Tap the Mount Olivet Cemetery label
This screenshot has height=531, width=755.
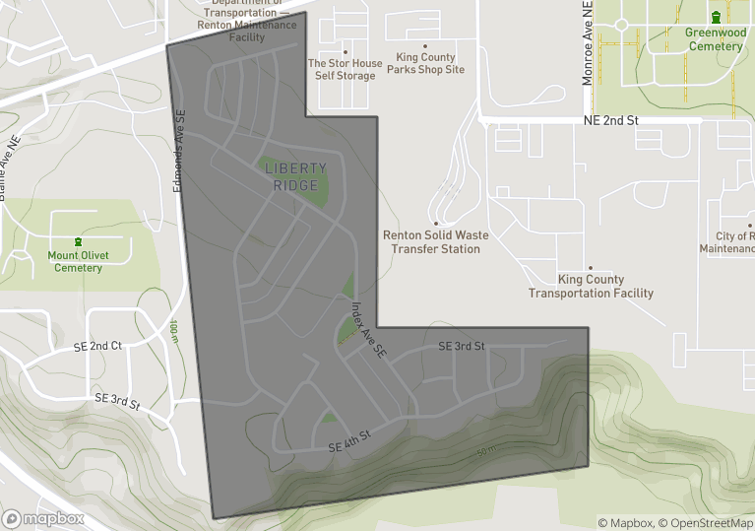(78, 261)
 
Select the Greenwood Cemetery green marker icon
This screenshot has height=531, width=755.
(716, 18)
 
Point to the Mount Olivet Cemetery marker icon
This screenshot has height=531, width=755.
(78, 242)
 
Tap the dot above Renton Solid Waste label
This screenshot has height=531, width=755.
(436, 224)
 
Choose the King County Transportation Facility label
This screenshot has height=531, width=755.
(591, 287)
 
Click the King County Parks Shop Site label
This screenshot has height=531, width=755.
(425, 64)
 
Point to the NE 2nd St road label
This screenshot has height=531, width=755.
(610, 120)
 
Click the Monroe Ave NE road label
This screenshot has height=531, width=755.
(588, 43)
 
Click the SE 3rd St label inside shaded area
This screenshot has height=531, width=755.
(462, 346)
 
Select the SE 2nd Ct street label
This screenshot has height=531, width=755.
(97, 347)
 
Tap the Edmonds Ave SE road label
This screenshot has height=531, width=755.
(180, 151)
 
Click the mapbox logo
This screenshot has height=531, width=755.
(43, 518)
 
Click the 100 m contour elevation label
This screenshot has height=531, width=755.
(173, 332)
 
